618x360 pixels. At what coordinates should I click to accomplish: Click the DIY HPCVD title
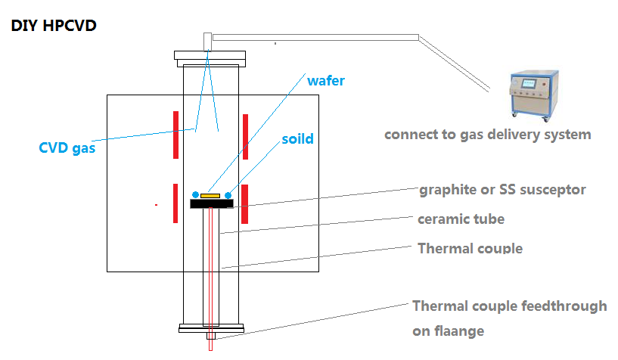pos(53,26)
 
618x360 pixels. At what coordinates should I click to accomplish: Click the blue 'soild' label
pos(298,140)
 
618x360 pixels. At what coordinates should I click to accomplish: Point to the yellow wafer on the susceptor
pos(210,195)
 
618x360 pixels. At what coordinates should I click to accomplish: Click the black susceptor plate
pos(211,203)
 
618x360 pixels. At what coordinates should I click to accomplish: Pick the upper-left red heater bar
pos(175,135)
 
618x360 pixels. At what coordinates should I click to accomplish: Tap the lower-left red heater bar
pos(175,203)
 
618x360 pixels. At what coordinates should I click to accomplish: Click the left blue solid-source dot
pos(195,194)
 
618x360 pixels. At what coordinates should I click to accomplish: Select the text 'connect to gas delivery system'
pos(487,135)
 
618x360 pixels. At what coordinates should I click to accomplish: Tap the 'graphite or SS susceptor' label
pos(502,190)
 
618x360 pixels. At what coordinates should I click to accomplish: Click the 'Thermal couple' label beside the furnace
pos(470,248)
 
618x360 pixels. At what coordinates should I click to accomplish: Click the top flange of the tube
pos(210,55)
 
